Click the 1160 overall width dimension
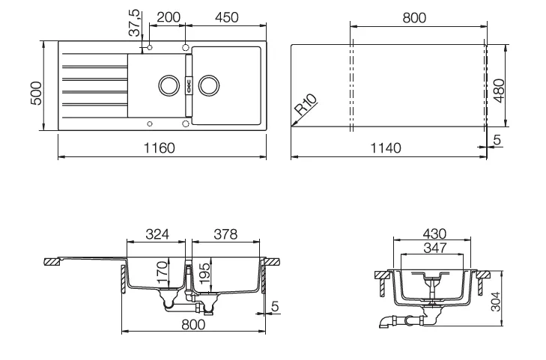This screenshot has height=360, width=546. pos(159,148)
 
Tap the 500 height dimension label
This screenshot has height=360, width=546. pos(36,93)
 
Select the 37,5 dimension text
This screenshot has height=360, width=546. pos(134,22)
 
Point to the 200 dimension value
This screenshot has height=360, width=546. pos(169,17)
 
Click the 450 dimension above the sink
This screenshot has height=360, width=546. pos(226,17)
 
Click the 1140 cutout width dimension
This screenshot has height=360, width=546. pos(386,148)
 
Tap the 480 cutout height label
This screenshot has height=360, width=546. pos(500,91)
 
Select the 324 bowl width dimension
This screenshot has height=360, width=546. pos(157,234)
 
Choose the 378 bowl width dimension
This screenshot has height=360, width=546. pos(225,234)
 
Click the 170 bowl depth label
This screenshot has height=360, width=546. pos(163,272)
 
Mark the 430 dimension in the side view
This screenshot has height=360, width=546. pos(434,234)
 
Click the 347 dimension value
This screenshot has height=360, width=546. pos(435,248)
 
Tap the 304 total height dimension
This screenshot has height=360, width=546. pos(496,301)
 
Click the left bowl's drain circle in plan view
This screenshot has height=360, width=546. pos(169,85)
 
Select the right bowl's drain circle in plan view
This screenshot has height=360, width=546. pos(209,85)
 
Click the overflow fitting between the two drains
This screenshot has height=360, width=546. pos(189,85)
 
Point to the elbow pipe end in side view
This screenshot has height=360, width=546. pos(385,322)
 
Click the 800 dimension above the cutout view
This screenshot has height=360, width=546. pos(414,18)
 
